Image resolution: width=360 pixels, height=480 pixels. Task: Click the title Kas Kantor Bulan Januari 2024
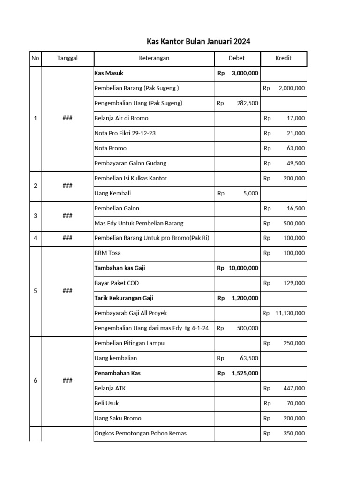198,41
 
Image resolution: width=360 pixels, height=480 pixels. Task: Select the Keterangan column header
154,58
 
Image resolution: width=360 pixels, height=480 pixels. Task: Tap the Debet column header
237,58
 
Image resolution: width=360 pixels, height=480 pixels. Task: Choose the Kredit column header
283,58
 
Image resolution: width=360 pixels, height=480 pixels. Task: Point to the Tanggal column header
67,58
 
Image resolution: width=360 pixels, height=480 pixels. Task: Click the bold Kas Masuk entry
109,73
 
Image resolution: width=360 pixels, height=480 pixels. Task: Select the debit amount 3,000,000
244,73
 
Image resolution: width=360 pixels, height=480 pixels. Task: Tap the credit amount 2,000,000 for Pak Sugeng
291,88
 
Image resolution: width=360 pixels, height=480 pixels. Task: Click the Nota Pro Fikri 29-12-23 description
125,133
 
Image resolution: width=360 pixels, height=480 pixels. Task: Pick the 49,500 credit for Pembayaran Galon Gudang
295,163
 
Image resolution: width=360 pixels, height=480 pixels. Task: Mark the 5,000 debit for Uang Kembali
250,193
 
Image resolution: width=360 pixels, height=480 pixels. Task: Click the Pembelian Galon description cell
117,208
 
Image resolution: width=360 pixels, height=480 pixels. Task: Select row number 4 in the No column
36,238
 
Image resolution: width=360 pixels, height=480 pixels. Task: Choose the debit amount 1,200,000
244,298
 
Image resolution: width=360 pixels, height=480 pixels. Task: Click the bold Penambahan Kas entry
117,373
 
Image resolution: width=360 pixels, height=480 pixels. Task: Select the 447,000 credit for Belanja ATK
293,388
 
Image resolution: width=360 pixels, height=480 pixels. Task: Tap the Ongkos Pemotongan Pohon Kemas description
140,433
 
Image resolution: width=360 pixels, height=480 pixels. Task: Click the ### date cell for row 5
67,291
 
